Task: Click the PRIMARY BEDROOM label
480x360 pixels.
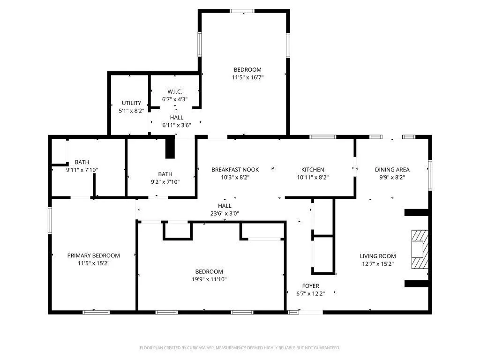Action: [x=93, y=255]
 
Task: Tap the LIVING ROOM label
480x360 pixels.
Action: [x=378, y=256]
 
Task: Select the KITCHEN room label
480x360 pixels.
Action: [x=313, y=170]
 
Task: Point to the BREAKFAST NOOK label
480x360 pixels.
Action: [x=235, y=170]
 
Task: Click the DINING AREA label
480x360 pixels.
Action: [x=392, y=170]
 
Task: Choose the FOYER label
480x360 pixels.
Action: [x=310, y=286]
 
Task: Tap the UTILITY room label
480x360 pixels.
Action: [x=131, y=103]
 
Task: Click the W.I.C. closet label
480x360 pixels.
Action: [x=175, y=91]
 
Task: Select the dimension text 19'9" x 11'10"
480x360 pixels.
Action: [x=209, y=279]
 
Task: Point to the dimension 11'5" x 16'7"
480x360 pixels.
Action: [x=247, y=77]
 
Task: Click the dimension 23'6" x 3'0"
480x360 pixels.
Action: [x=225, y=214]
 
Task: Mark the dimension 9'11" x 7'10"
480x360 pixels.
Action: [x=82, y=170]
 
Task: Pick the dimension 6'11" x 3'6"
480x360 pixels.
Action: [x=177, y=125]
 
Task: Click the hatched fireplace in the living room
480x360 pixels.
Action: [x=420, y=249]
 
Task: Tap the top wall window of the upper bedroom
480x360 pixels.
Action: [x=242, y=11]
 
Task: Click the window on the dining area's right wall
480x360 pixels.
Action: [x=430, y=175]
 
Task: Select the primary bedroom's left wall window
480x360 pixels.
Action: [x=50, y=220]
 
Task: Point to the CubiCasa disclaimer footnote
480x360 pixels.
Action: [x=240, y=348]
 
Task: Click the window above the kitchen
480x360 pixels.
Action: [x=322, y=137]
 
